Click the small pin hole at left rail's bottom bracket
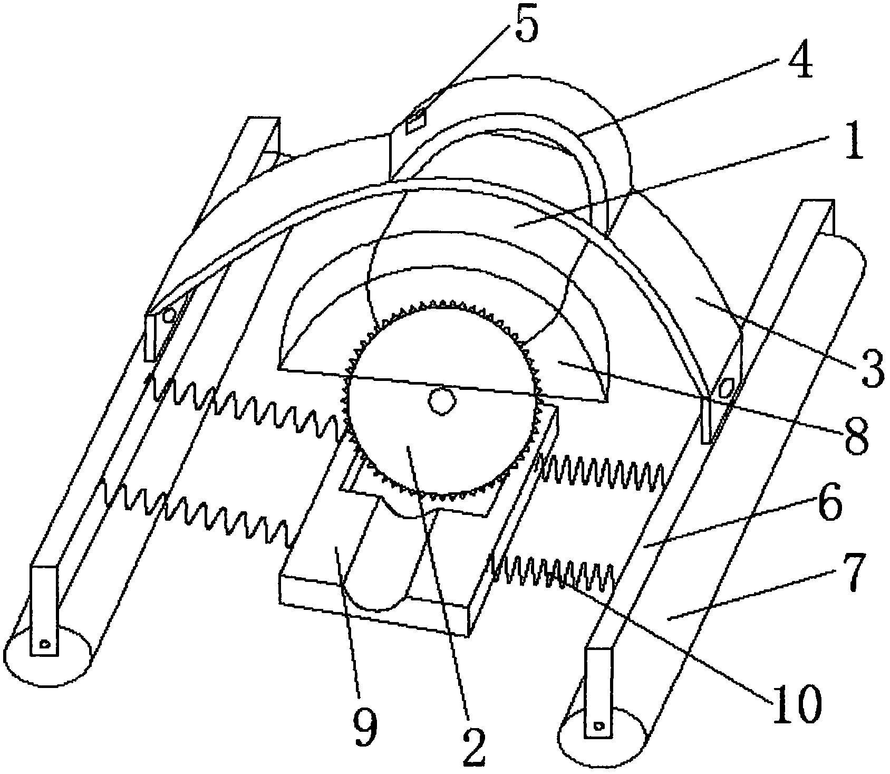click(45, 644)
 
